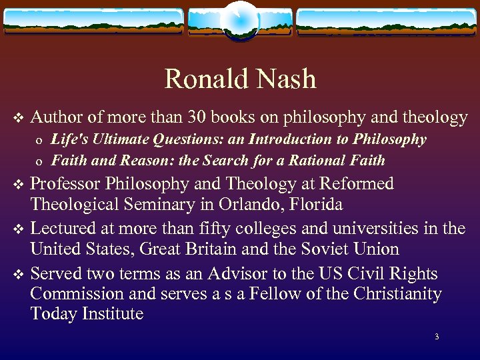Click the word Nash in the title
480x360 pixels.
click(x=285, y=79)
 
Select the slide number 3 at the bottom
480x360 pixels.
click(x=437, y=337)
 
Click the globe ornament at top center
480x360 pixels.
click(x=240, y=19)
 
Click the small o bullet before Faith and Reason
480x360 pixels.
click(x=40, y=161)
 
